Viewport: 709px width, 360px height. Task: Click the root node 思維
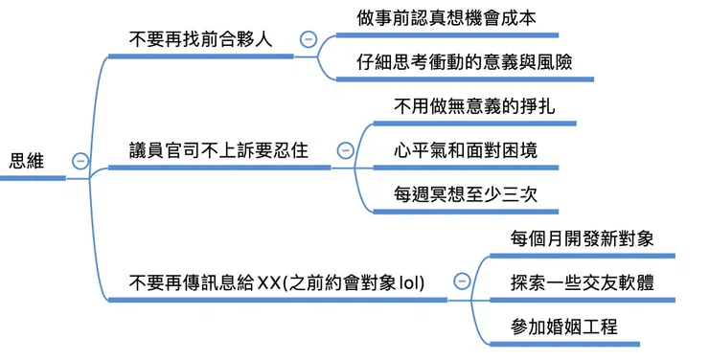[27, 161]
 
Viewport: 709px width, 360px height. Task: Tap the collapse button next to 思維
[80, 161]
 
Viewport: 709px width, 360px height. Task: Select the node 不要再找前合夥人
[200, 40]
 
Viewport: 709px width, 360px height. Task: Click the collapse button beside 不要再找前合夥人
[308, 39]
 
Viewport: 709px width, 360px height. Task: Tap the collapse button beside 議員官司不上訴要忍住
[346, 150]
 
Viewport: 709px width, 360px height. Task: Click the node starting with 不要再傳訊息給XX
[278, 282]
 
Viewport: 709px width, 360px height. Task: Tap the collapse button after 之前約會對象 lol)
[462, 281]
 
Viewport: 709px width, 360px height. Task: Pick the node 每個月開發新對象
[583, 238]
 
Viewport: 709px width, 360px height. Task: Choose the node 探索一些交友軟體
[583, 282]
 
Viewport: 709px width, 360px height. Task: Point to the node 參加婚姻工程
[563, 326]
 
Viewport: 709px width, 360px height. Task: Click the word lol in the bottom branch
[414, 282]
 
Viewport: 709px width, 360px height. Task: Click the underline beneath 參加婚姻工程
[583, 344]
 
